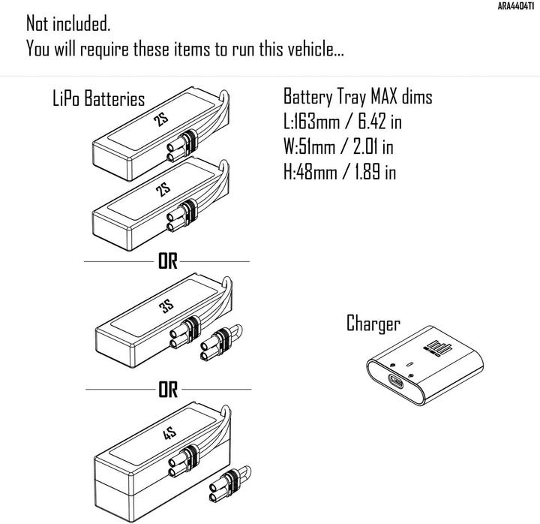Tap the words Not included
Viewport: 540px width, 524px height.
68,23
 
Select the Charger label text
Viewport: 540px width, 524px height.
373,324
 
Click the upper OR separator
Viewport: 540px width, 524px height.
167,262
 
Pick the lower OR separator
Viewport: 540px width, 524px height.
167,390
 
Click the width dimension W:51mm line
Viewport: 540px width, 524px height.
339,146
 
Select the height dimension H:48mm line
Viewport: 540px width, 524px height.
339,172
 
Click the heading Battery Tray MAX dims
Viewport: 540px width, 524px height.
357,97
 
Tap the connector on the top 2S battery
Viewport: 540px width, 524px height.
184,144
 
